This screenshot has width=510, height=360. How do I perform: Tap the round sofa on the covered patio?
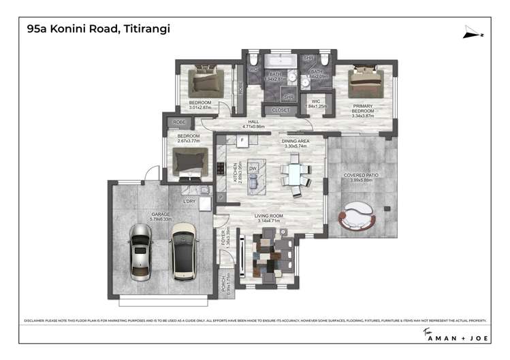coord(359,217)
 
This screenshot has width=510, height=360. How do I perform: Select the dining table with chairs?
coord(293,174)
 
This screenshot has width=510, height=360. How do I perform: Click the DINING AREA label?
coord(295,142)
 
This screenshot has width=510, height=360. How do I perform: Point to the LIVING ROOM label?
coord(268,217)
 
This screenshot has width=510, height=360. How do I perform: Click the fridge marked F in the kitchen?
coord(240,141)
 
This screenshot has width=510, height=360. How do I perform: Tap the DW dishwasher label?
coord(252,167)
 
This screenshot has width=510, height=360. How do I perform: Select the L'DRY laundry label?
coord(190,201)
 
